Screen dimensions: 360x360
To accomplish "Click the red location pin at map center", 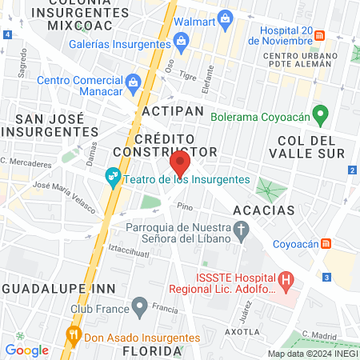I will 180,165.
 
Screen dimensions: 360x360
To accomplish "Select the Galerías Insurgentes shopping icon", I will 182,40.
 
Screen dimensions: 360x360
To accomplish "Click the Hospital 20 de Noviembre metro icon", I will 319,36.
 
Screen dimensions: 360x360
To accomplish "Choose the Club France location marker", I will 141,306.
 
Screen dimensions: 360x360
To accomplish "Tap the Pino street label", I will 185,206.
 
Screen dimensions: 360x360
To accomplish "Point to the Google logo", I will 26,350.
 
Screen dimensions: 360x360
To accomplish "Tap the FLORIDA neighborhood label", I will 148,350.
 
